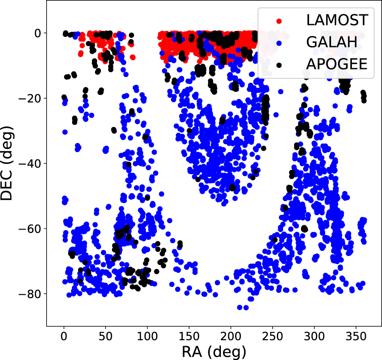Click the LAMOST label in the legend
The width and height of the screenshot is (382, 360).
click(x=337, y=19)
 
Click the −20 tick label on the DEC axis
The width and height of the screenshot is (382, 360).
click(x=30, y=98)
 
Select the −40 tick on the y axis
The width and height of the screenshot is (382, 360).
click(x=30, y=163)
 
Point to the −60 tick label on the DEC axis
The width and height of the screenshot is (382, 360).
click(x=30, y=229)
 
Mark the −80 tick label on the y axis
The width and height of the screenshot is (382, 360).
click(x=30, y=294)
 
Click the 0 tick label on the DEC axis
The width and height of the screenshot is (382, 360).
click(x=37, y=33)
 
